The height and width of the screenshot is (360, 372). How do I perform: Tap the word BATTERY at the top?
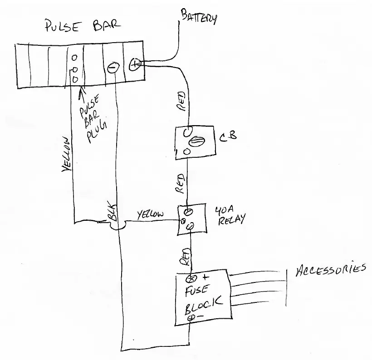tap(198, 17)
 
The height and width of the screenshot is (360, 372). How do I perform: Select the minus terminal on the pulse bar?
tap(113, 68)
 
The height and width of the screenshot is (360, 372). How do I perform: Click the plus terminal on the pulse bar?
tap(134, 65)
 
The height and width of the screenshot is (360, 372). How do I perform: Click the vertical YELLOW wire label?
tap(66, 155)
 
